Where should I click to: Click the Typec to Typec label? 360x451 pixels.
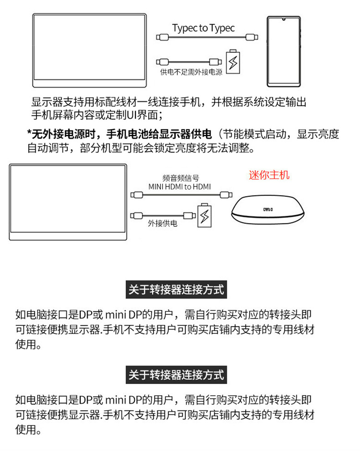click(203, 28)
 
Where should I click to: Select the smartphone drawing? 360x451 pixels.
click(283, 52)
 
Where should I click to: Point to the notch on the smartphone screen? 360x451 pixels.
click(283, 20)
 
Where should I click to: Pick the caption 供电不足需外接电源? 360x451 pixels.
click(191, 73)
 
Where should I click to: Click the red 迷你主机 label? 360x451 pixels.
click(269, 175)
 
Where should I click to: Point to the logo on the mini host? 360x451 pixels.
click(266, 209)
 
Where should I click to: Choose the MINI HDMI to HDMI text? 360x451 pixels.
click(180, 187)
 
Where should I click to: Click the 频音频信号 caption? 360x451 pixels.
click(180, 178)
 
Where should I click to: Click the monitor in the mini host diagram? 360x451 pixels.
click(67, 202)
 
